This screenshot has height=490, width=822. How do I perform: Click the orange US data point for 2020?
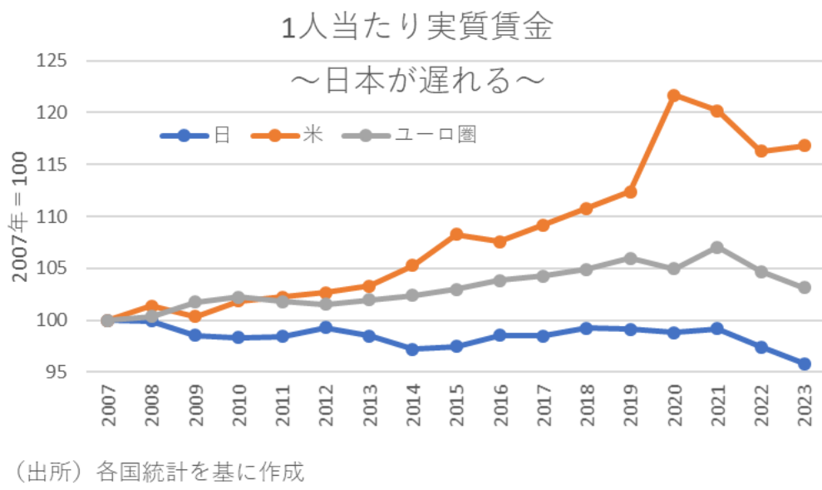(x=674, y=95)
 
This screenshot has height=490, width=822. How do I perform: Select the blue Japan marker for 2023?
(x=805, y=364)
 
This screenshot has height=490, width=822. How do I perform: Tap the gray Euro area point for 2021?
(x=717, y=247)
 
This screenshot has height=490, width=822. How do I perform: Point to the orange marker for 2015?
(x=456, y=234)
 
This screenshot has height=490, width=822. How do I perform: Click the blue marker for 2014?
(x=412, y=349)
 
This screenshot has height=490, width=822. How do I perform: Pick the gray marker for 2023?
(x=805, y=287)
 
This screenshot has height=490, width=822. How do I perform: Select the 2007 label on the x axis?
(x=108, y=406)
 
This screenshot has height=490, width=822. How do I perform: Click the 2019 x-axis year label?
(x=631, y=406)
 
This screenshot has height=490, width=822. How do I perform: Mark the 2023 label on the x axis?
(x=805, y=406)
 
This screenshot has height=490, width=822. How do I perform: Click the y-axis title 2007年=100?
(x=20, y=216)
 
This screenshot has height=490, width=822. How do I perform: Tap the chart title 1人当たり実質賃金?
(x=418, y=27)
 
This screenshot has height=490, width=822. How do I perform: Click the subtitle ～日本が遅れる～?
(x=418, y=81)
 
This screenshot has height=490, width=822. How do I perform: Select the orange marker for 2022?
(x=761, y=151)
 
